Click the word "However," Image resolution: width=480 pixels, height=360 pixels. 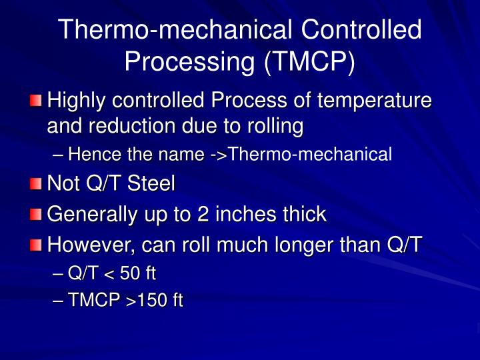[x=91, y=245]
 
